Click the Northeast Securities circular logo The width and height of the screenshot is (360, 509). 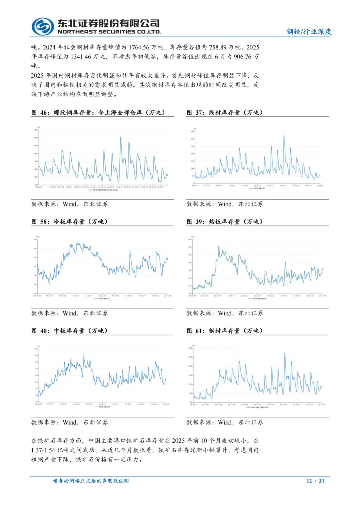click(x=43, y=26)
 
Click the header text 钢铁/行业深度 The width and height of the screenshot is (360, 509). click(x=309, y=31)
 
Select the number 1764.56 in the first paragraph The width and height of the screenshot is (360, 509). click(x=139, y=47)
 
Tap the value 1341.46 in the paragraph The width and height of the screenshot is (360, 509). click(x=81, y=57)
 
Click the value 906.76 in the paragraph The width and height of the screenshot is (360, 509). click(x=242, y=57)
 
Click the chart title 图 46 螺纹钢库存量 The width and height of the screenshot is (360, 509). click(x=98, y=112)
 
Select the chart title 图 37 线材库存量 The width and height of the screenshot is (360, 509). click(x=225, y=112)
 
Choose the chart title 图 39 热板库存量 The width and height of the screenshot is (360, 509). click(x=225, y=221)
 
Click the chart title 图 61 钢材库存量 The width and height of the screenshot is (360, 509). click(x=225, y=331)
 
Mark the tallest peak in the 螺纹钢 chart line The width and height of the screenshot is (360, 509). click(x=120, y=137)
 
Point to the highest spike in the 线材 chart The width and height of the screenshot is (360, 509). click(x=284, y=135)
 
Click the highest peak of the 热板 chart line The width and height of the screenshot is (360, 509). click(x=219, y=246)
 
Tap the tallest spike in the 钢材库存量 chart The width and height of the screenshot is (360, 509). click(x=285, y=353)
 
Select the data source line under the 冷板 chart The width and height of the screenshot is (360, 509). click(x=69, y=313)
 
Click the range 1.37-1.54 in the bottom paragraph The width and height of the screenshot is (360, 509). click(x=43, y=450)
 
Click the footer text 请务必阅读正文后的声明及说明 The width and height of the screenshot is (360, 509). click(x=91, y=481)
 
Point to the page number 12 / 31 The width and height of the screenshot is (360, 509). click(x=315, y=481)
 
